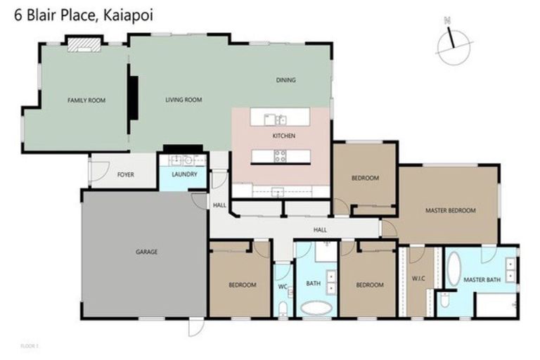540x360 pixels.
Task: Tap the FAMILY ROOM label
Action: point(86,101)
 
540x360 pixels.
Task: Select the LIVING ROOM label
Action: point(184,101)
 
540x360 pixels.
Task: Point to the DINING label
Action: point(285,80)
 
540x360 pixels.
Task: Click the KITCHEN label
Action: point(284,136)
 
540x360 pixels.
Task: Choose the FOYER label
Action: point(125,174)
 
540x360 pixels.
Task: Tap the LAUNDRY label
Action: point(184,174)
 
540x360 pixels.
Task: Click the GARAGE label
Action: point(146,252)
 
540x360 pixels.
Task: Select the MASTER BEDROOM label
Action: point(451,210)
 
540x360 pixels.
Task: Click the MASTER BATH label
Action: point(482,280)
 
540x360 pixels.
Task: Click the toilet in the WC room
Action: point(283,307)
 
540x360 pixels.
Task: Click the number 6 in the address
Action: point(19,14)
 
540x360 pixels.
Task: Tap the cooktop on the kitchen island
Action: point(280,156)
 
